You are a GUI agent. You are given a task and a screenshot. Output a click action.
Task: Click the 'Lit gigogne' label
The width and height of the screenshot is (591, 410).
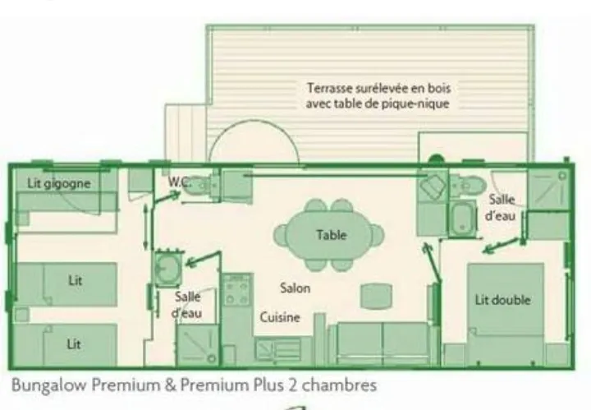pyautogui.click(x=58, y=183)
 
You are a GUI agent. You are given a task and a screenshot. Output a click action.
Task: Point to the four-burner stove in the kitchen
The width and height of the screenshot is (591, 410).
pyautogui.click(x=236, y=293)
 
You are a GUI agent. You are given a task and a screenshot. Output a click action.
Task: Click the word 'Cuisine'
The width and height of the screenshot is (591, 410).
pyautogui.click(x=280, y=317)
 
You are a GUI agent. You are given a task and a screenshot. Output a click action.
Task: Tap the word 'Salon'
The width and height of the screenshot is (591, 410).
pyautogui.click(x=295, y=288)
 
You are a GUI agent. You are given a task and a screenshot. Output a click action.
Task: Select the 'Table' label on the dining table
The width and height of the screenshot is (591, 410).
pyautogui.click(x=331, y=235)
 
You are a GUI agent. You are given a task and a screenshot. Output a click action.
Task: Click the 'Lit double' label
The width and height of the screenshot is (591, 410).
pyautogui.click(x=502, y=300)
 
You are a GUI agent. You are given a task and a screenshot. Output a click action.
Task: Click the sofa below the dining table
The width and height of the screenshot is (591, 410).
pyautogui.click(x=378, y=343)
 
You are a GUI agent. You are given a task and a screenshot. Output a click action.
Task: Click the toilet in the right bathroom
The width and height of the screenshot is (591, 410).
pyautogui.click(x=471, y=185)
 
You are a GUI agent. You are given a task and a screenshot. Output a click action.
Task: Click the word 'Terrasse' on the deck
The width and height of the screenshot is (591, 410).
pyautogui.click(x=330, y=87)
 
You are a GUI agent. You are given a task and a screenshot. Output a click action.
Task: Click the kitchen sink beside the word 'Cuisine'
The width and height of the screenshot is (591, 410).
pyautogui.click(x=273, y=350)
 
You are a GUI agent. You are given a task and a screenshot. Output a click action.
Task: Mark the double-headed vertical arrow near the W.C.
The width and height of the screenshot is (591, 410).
pyautogui.click(x=146, y=225)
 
